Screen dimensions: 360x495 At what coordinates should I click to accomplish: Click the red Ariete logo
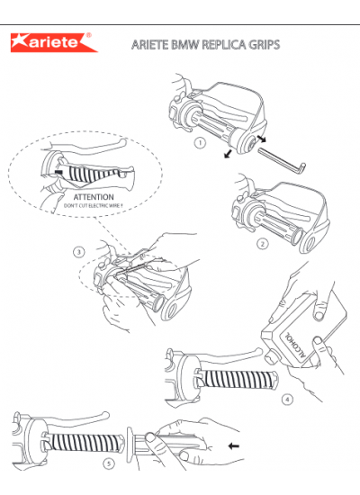coord(54,42)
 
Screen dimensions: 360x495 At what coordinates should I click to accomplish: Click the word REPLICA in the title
coord(223,44)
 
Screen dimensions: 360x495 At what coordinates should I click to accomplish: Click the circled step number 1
coord(200,143)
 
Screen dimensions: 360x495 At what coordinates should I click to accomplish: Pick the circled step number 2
coord(263,244)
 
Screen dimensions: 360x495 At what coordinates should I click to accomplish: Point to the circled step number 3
coord(79,252)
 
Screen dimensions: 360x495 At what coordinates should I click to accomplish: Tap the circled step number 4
coord(287,400)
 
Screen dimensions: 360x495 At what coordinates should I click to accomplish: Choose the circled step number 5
coord(109,463)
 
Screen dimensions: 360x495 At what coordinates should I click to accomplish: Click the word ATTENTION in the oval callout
coord(94,197)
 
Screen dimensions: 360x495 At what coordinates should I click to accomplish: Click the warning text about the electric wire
coord(94,206)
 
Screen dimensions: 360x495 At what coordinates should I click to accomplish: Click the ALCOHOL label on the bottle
coord(295,345)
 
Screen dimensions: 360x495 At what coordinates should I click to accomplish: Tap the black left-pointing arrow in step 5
coord(233,446)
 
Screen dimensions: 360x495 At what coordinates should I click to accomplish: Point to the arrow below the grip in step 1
coord(228,154)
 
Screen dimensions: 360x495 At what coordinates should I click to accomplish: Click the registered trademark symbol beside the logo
coord(89,35)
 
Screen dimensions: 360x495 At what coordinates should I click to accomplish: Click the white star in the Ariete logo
coord(22,41)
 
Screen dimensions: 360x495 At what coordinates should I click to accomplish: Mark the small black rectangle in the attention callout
coord(58,172)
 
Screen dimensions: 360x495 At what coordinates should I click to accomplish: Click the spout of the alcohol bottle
coord(271,357)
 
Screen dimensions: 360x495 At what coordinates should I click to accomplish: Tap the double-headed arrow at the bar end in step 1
coord(262,139)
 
